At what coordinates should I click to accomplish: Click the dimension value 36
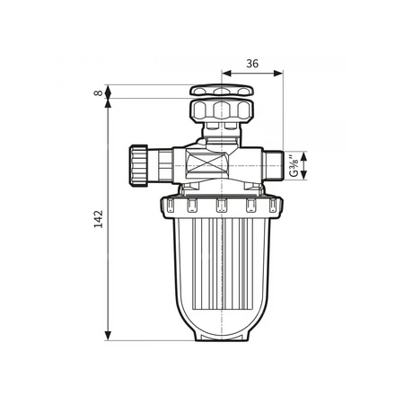click(x=251, y=64)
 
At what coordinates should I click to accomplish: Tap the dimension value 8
click(x=97, y=92)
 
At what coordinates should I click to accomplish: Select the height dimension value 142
click(x=98, y=218)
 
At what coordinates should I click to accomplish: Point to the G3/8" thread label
click(x=294, y=166)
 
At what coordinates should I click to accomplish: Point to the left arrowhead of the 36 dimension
click(x=224, y=75)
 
